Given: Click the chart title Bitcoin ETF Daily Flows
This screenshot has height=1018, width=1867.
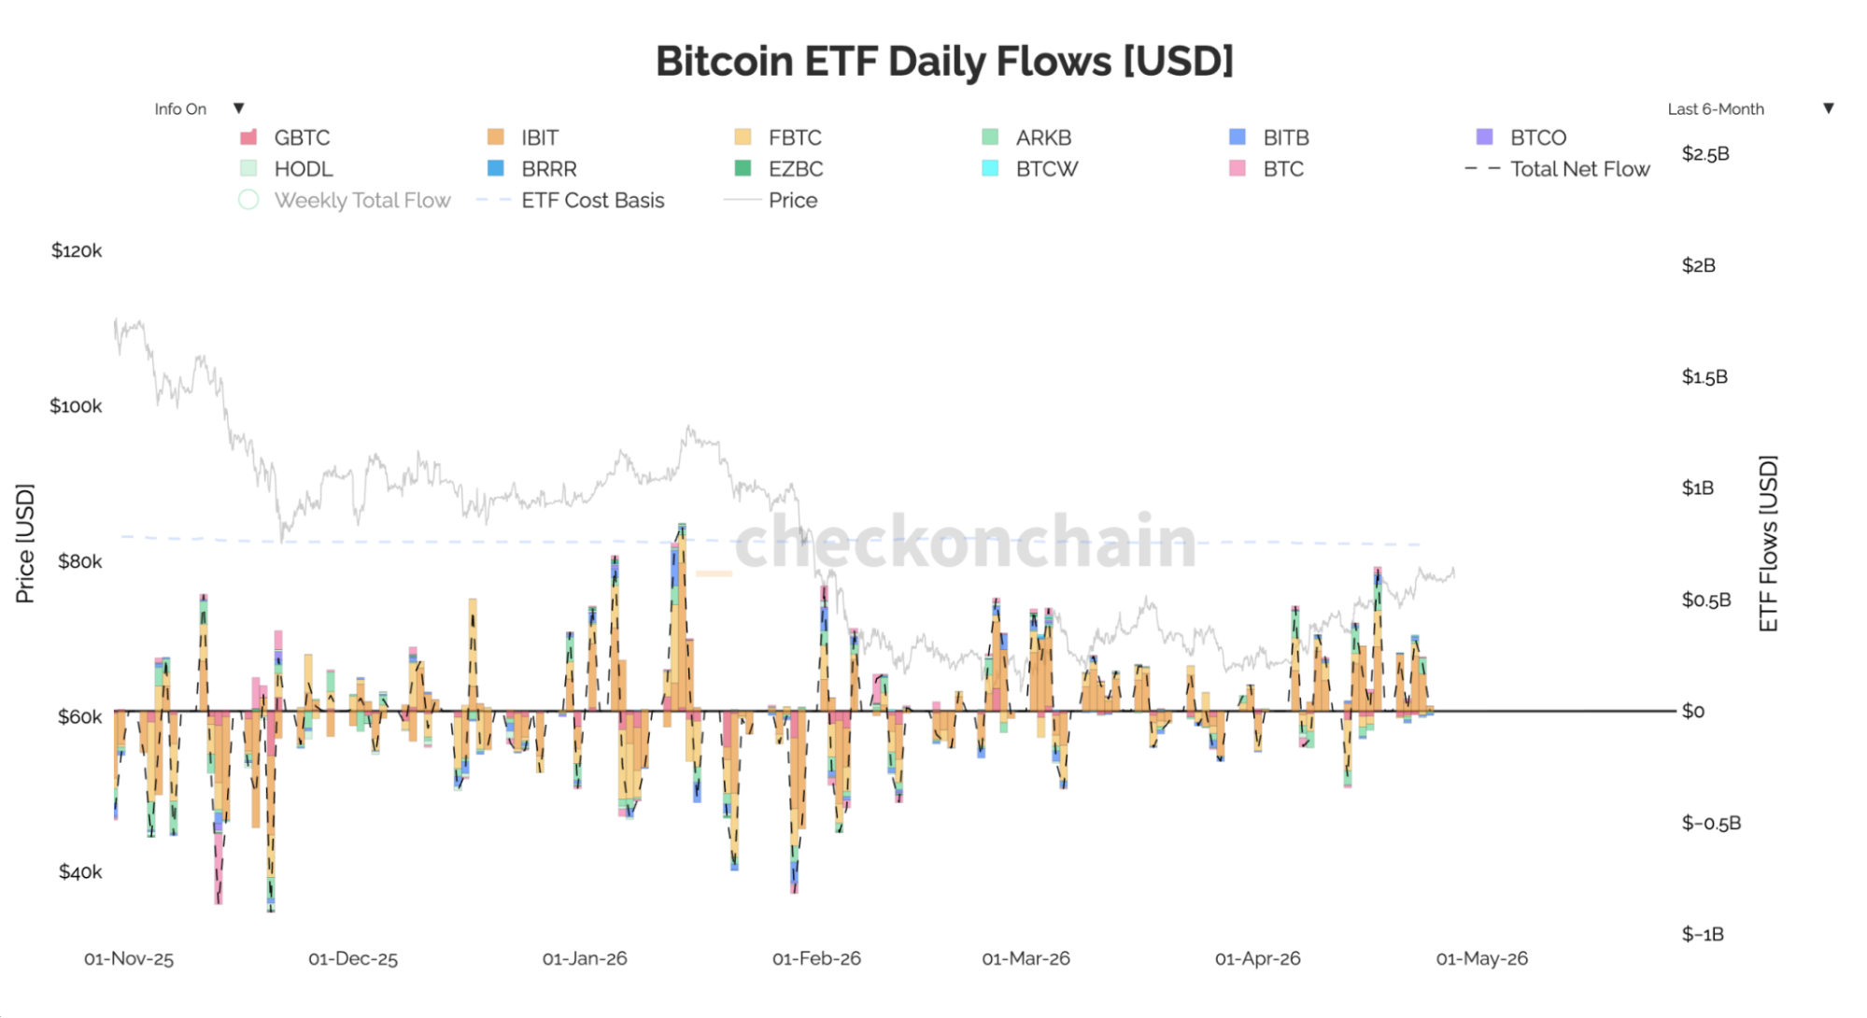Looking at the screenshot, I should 944,62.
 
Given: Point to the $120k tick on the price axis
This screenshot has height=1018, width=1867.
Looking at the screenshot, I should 77,250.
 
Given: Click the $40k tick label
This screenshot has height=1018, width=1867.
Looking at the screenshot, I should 80,871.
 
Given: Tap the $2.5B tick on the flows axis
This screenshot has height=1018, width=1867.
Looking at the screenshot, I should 1705,154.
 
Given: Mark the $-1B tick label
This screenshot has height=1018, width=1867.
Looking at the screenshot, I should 1703,934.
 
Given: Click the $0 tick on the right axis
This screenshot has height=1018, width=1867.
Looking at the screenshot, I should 1693,712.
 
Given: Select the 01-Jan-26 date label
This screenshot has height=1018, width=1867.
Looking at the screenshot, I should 585,959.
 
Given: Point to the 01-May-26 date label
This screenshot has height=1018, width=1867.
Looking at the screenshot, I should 1481,959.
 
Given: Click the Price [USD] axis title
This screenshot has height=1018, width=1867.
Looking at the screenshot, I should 25,544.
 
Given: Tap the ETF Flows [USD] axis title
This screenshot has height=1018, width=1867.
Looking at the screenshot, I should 1768,544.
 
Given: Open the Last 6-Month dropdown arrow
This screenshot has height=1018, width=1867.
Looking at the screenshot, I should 1829,108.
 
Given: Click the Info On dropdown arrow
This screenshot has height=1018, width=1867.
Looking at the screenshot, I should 239,108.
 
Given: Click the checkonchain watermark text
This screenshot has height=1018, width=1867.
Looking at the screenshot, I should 965,542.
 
